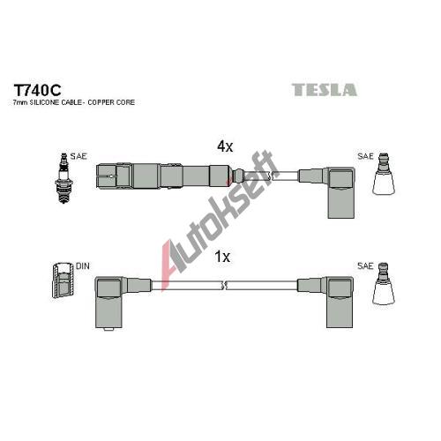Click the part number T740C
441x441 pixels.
[x=37, y=90]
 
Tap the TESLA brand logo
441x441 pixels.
[x=325, y=90]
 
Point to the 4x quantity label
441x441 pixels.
[x=225, y=146]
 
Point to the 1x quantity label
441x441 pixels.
[x=222, y=257]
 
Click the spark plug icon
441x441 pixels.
[x=64, y=178]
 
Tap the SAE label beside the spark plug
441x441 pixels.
[x=78, y=156]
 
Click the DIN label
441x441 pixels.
[x=83, y=266]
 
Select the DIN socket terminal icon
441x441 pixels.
[x=63, y=280]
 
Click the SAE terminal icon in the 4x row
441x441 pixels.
[x=384, y=174]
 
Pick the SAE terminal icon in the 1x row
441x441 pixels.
[x=384, y=283]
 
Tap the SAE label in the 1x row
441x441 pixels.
[x=365, y=266]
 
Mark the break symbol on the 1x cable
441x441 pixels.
[x=223, y=285]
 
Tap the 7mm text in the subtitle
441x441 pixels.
[x=19, y=102]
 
